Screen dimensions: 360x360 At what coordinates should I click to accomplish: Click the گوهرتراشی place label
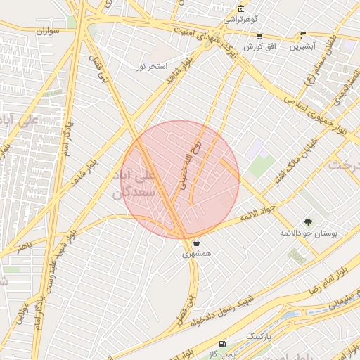(x=242, y=20)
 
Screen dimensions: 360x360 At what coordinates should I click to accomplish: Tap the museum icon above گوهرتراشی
(x=241, y=8)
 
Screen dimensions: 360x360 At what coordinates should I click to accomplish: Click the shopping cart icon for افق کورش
(x=259, y=36)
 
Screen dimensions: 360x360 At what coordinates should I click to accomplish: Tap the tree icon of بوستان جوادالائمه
(x=308, y=222)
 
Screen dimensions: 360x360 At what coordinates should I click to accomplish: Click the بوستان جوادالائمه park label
(x=309, y=233)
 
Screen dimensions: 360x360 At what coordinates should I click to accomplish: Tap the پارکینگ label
(x=257, y=337)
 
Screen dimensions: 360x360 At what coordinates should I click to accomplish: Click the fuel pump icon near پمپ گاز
(x=223, y=344)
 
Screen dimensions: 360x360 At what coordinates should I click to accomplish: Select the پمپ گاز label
(x=223, y=354)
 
